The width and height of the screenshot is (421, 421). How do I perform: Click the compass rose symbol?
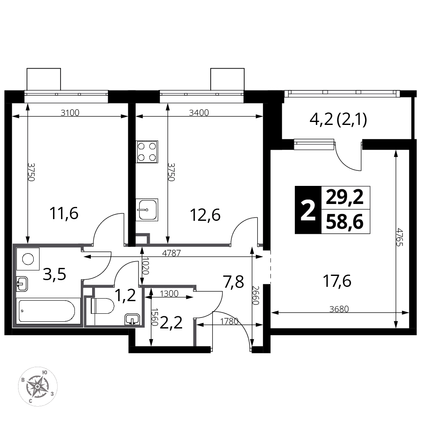coord(37,387)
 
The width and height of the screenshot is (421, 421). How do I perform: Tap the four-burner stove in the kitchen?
coord(147,152)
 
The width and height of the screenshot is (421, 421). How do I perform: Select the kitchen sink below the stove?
coord(147,210)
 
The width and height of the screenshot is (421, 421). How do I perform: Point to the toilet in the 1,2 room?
coord(103,306)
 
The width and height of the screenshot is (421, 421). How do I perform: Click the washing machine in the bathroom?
coord(28,259)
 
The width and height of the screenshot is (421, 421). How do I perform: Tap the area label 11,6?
coord(64,214)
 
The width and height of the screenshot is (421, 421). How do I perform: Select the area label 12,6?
coord(205,215)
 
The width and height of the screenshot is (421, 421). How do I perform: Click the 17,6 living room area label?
coord(337,281)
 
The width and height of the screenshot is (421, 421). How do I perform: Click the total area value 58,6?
coord(345,222)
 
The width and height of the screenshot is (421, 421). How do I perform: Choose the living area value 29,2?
coord(345,197)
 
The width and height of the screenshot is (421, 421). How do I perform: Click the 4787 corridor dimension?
coord(172,253)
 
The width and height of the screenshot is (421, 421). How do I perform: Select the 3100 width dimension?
coord(70,113)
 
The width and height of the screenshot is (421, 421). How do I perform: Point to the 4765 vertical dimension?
coord(400,237)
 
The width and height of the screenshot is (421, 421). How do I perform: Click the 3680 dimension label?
coord(339,309)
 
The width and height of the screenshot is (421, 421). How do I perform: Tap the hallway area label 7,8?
coord(233,282)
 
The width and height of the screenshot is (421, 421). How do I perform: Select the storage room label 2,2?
coord(171,323)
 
